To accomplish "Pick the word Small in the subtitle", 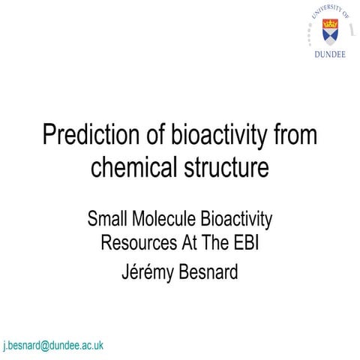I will (x=107, y=220).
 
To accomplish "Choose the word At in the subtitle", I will (x=188, y=244).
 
